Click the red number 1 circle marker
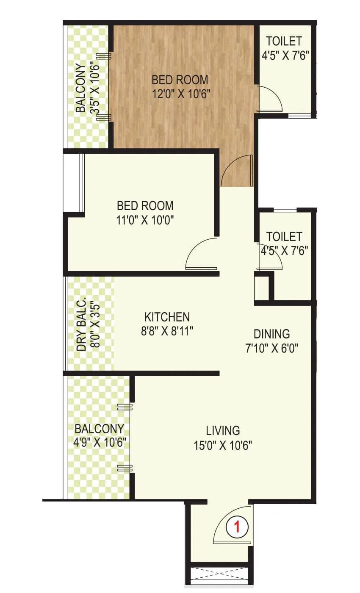pyautogui.click(x=237, y=527)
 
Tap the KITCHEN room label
pyautogui.click(x=167, y=317)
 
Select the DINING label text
pyautogui.click(x=271, y=333)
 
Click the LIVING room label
pyautogui.click(x=223, y=431)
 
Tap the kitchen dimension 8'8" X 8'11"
pyautogui.click(x=167, y=331)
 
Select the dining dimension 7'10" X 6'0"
pyautogui.click(x=271, y=348)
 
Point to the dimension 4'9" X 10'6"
pyautogui.click(x=100, y=443)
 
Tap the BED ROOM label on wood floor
pyautogui.click(x=180, y=79)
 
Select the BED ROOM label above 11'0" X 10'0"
pyautogui.click(x=145, y=206)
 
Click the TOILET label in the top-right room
pyautogui.click(x=284, y=41)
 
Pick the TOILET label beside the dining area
pyautogui.click(x=284, y=236)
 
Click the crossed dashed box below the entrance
pyautogui.click(x=219, y=575)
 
